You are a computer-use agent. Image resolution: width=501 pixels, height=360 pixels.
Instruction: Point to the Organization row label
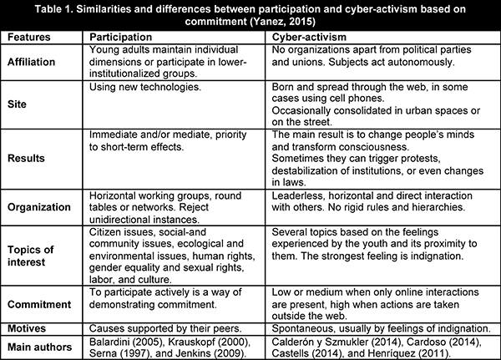tap(41, 203)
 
